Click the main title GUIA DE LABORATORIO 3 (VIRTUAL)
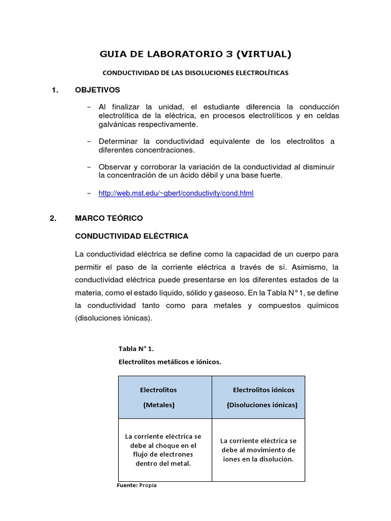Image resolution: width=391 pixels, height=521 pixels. click(195, 53)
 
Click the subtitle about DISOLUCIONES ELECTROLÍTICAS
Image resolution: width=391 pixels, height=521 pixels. click(195, 73)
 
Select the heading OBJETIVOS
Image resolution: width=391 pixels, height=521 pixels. click(97, 90)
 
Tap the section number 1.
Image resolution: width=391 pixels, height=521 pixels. click(55, 90)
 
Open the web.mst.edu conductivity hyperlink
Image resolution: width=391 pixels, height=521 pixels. click(176, 193)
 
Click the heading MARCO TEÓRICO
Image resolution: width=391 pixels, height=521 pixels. click(109, 218)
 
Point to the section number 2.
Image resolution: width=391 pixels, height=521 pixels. click(54, 218)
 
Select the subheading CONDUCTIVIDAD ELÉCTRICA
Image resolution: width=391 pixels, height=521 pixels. click(131, 236)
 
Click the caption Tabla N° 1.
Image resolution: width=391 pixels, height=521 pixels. click(135, 349)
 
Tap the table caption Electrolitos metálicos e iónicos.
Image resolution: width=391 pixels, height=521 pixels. click(170, 362)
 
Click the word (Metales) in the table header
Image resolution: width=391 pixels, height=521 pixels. click(159, 405)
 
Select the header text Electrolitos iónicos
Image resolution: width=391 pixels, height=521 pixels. click(263, 390)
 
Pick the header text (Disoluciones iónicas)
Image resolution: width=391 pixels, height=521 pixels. click(262, 405)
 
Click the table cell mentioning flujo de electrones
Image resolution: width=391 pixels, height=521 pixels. click(163, 450)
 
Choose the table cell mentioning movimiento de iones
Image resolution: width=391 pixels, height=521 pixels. click(258, 450)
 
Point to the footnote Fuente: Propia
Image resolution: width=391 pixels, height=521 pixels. click(137, 485)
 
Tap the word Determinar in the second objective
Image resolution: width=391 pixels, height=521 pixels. click(118, 141)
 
